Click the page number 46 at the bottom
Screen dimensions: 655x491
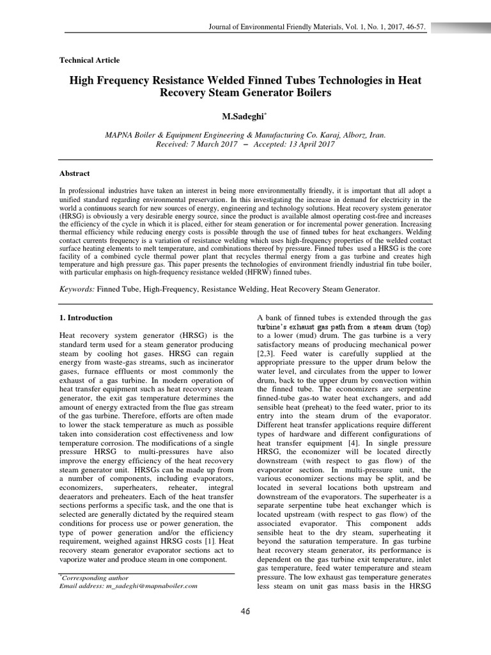(x=245, y=612)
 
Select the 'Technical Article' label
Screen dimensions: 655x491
(x=89, y=60)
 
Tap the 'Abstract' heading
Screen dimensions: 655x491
(x=74, y=173)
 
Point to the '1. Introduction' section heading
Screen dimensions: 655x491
(x=86, y=318)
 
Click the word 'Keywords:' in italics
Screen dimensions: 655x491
(x=77, y=289)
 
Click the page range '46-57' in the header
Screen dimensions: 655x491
(x=414, y=27)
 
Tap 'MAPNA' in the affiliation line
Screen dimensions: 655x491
(x=118, y=136)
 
